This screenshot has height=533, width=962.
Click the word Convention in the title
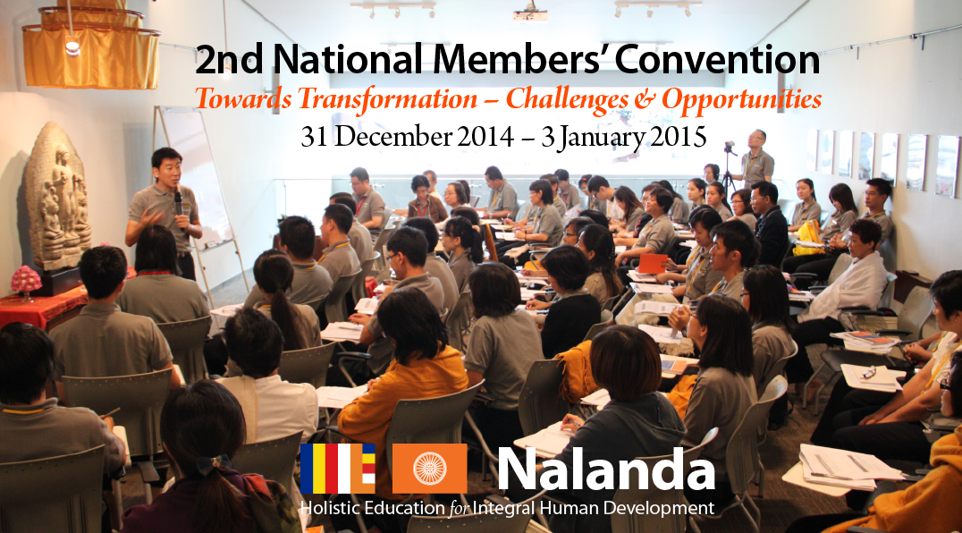coord(717,60)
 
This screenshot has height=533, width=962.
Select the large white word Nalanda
coord(606,470)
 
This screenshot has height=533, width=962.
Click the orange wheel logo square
coord(429,469)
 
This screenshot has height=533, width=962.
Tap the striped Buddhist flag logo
coord(337,469)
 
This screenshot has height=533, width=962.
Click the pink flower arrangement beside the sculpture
coord(26,280)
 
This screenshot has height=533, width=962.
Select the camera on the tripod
coord(730,148)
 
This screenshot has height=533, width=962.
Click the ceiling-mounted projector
coord(530,13)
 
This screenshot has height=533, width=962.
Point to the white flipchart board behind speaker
coord(195,178)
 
